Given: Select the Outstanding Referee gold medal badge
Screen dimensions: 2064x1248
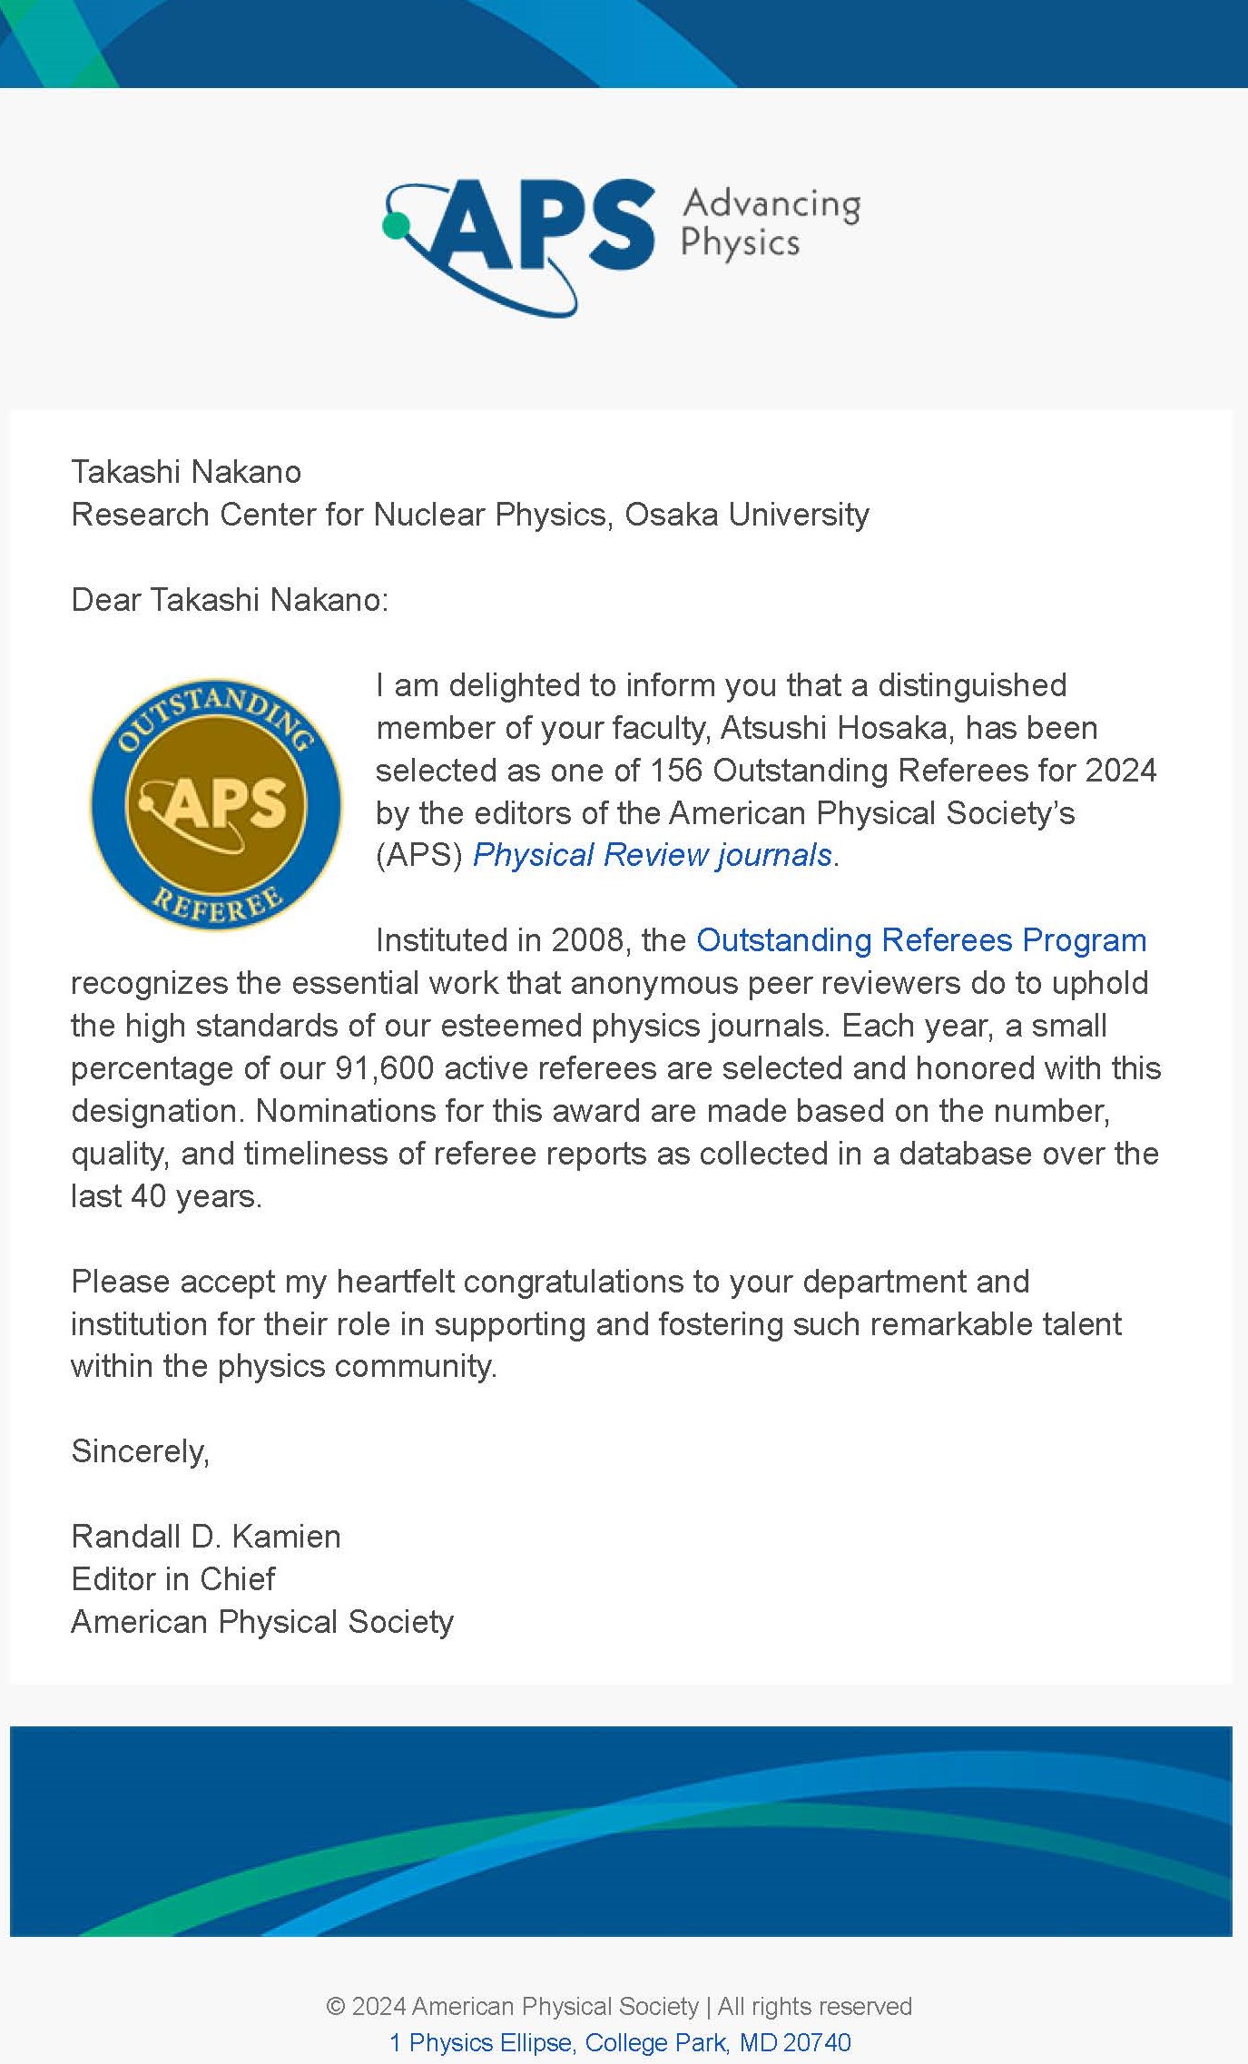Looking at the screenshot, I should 216,804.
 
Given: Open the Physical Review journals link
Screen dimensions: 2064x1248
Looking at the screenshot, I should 652,855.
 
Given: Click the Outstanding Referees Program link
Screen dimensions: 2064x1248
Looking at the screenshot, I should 920,940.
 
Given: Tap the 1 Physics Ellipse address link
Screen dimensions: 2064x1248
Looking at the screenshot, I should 620,2042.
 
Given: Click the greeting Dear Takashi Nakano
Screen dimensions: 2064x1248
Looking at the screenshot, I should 229,600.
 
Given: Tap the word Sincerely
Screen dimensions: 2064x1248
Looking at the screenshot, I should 140,1451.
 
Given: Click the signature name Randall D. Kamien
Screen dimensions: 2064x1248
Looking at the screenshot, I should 206,1537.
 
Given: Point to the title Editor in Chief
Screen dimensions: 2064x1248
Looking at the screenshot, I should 172,1579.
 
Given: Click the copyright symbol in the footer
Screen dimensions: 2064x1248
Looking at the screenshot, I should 335,2006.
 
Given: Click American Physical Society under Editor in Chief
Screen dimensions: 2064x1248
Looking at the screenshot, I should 262,1622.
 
